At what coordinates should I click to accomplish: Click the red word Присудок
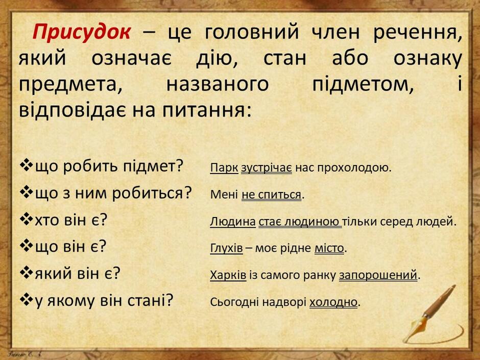pyautogui.click(x=82, y=32)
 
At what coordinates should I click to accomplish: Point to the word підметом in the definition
pyautogui.click(x=363, y=84)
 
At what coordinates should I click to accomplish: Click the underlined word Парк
pyautogui.click(x=224, y=168)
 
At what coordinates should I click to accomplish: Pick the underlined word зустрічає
pyautogui.click(x=267, y=168)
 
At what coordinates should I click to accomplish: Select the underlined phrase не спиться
pyautogui.click(x=272, y=195)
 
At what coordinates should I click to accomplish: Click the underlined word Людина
pyautogui.click(x=233, y=221)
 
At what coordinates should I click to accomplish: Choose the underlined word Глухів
pyautogui.click(x=227, y=248)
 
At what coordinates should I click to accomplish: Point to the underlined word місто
pyautogui.click(x=329, y=248)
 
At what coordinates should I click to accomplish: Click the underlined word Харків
pyautogui.click(x=228, y=275)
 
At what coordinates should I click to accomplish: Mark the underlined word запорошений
pyautogui.click(x=378, y=275)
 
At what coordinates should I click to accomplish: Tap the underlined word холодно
pyautogui.click(x=333, y=302)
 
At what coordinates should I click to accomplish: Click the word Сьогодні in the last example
pyautogui.click(x=234, y=302)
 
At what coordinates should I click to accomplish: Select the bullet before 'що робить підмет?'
pyautogui.click(x=27, y=165)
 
